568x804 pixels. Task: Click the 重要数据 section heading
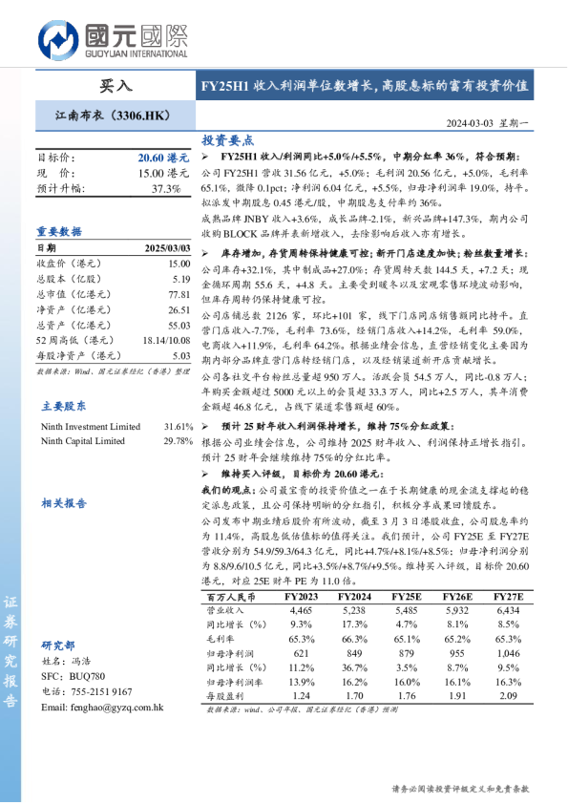click(58, 231)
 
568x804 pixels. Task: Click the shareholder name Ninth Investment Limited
click(91, 426)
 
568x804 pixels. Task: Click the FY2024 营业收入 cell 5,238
click(353, 609)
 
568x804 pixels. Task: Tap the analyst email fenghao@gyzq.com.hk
click(103, 708)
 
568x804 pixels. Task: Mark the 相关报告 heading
click(64, 502)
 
